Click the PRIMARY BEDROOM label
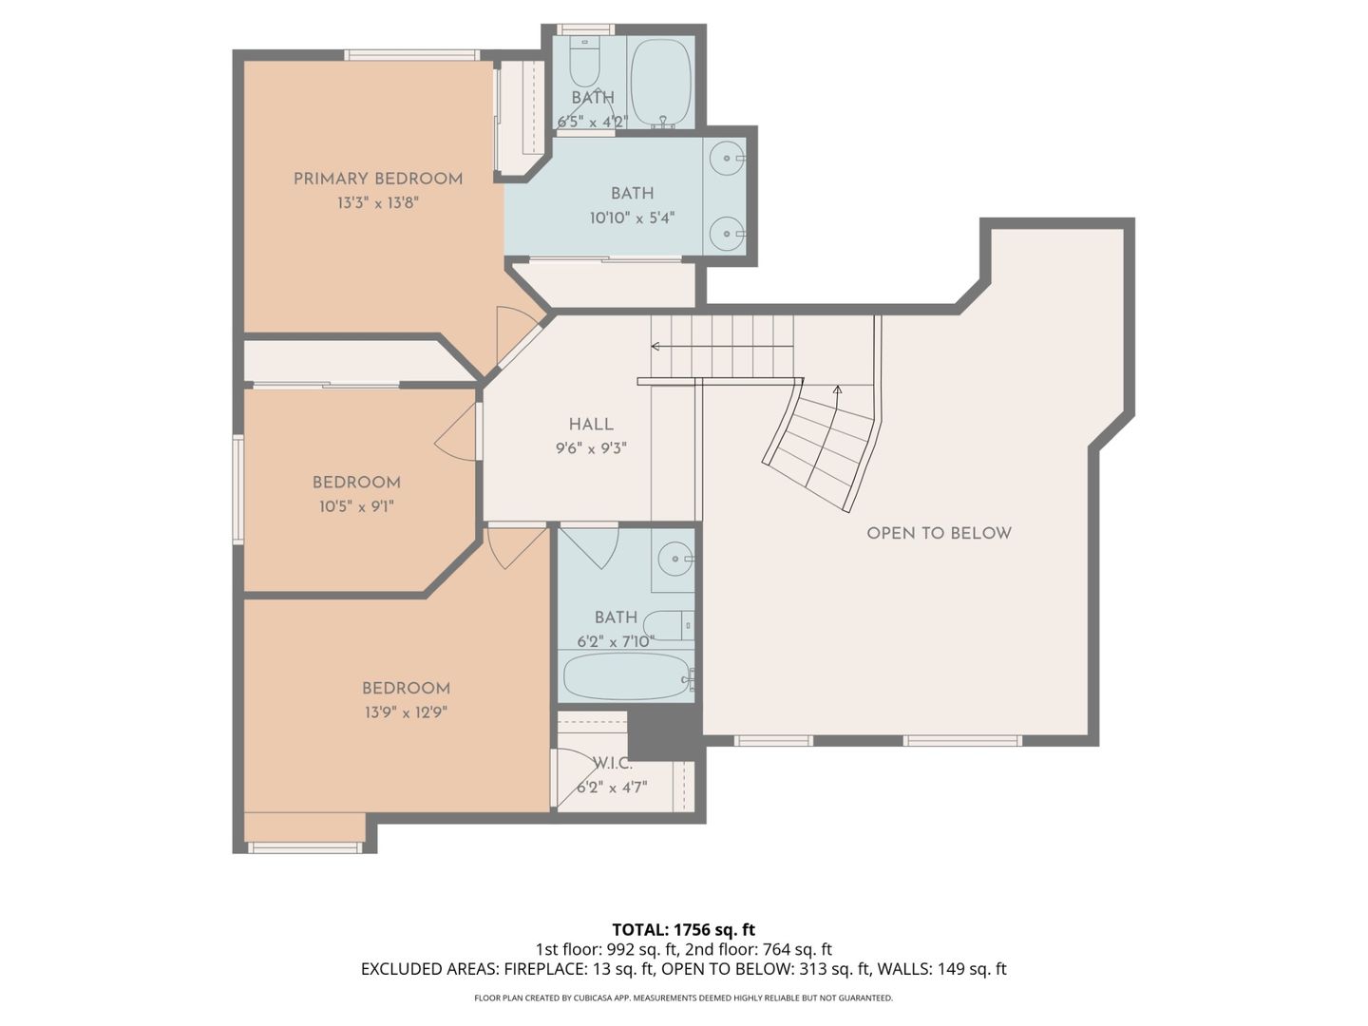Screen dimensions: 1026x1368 [377, 179]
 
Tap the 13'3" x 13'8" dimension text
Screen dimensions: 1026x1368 [377, 203]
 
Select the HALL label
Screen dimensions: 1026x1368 [591, 425]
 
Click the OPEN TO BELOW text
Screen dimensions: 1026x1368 [939, 533]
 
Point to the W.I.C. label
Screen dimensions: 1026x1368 [612, 763]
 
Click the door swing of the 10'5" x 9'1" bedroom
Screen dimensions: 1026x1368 [457, 435]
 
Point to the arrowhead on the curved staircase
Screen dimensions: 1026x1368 [837, 389]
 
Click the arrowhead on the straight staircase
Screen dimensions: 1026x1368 [655, 347]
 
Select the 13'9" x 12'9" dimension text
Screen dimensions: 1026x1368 [405, 712]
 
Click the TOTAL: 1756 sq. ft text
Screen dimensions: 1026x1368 [683, 929]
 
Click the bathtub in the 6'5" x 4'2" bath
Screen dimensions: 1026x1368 [661, 82]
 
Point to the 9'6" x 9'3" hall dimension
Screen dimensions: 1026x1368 [591, 448]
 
